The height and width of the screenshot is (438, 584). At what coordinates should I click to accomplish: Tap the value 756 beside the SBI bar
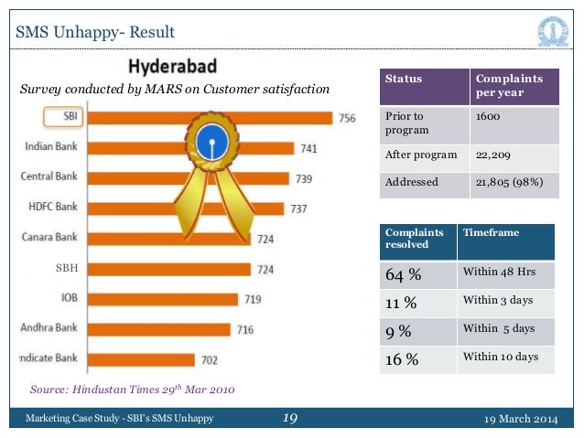click(347, 117)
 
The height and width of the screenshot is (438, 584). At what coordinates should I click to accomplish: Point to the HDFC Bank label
click(50, 208)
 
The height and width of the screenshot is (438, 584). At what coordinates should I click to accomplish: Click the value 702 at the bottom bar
click(211, 359)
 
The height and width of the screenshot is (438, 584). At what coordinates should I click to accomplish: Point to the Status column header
click(404, 79)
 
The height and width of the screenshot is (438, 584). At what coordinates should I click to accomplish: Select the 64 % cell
click(403, 274)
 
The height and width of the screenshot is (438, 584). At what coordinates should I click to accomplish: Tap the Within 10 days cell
click(500, 357)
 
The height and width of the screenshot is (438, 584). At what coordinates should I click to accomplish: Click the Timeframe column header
click(491, 233)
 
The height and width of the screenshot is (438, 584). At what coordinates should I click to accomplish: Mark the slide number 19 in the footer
click(290, 418)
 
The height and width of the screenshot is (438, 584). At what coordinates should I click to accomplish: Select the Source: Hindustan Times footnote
click(132, 390)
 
